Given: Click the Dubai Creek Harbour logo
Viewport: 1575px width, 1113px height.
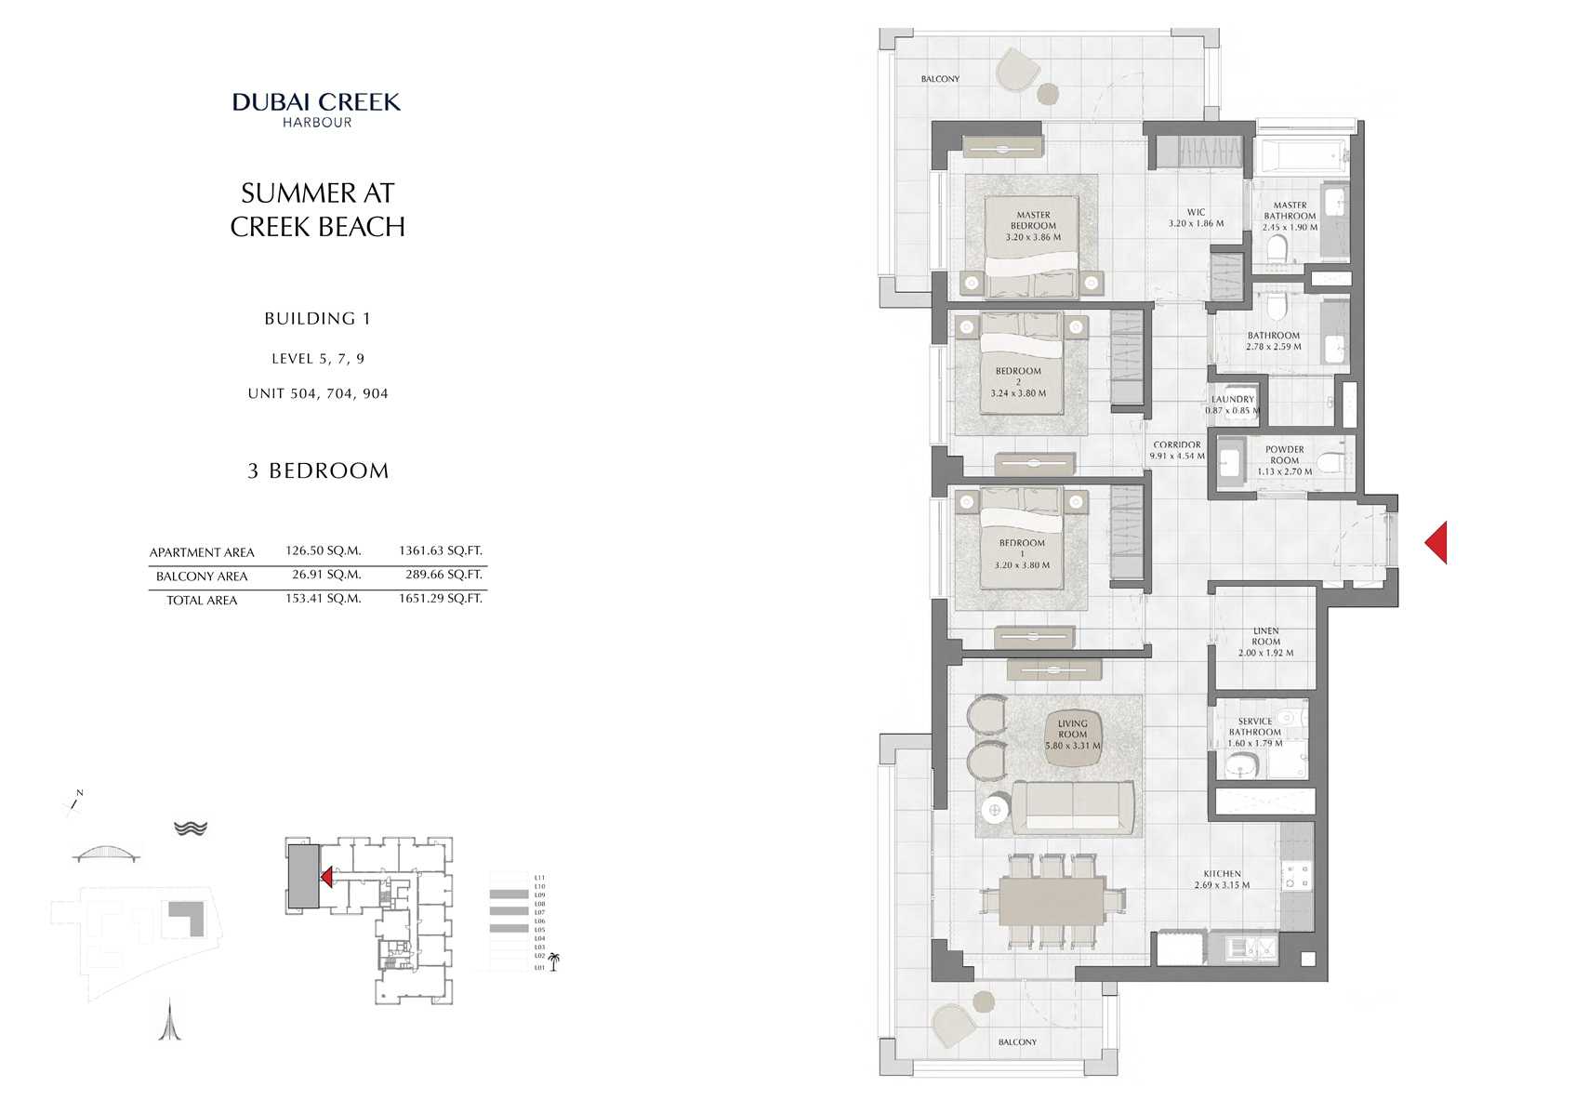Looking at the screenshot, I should (x=316, y=109).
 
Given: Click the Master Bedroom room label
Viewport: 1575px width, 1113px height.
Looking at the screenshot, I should (x=1033, y=226).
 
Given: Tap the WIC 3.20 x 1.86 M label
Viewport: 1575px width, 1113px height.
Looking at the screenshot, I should (x=1196, y=218).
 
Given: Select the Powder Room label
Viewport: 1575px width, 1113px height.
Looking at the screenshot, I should (x=1284, y=460).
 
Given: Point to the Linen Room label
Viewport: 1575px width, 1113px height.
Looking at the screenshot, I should (x=1265, y=642).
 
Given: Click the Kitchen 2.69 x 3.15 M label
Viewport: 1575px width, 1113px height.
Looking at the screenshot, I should (x=1222, y=880).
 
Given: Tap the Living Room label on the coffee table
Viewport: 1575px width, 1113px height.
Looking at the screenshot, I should (x=1072, y=735).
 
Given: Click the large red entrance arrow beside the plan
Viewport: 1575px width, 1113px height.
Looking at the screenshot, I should (x=1436, y=542).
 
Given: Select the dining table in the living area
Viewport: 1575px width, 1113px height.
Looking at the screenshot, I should (x=1052, y=902).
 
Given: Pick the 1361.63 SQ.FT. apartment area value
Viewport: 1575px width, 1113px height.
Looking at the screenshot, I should (x=440, y=550).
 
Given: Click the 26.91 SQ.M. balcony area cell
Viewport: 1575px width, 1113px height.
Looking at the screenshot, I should (x=325, y=575).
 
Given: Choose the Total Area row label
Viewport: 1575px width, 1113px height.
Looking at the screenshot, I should (x=202, y=601).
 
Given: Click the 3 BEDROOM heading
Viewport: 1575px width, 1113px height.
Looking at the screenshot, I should (x=318, y=470).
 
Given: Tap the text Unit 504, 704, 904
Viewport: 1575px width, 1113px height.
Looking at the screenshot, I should (x=318, y=393).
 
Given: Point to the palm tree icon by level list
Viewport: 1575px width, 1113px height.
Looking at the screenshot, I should (x=554, y=961).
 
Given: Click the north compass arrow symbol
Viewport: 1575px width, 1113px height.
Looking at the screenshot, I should (x=73, y=801).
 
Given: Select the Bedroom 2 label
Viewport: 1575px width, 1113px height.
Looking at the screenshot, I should (x=1018, y=381).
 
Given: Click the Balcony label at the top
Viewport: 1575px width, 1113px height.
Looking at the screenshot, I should (x=940, y=79).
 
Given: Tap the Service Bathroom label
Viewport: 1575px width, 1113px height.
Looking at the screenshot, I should (x=1254, y=732).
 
